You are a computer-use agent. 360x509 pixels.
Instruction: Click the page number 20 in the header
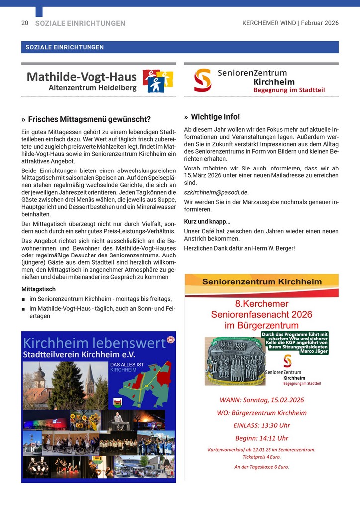(24, 23)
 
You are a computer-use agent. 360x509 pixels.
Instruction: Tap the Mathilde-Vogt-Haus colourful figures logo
(158, 81)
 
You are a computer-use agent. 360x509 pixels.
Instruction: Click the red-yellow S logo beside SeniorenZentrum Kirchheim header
(202, 80)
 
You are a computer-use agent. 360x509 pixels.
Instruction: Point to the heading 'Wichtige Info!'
(215, 117)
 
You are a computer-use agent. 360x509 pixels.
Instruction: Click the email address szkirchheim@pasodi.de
(216, 192)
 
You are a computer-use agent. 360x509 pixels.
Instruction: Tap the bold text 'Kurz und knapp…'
(207, 221)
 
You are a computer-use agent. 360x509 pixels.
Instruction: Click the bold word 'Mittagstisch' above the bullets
(38, 289)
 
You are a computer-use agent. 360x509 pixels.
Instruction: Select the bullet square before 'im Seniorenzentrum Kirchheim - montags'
(24, 299)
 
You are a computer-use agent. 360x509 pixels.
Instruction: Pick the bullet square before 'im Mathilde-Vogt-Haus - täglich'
(24, 309)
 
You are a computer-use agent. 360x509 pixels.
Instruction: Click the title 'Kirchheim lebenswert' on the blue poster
(94, 343)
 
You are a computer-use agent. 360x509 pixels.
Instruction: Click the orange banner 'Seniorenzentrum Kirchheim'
(262, 282)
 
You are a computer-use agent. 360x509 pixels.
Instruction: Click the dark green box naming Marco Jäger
(295, 343)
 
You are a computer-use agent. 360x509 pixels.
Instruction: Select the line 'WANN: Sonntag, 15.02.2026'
(262, 400)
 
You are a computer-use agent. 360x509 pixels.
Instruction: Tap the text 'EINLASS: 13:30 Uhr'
(262, 425)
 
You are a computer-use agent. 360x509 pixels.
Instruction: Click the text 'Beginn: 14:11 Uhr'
(262, 438)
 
